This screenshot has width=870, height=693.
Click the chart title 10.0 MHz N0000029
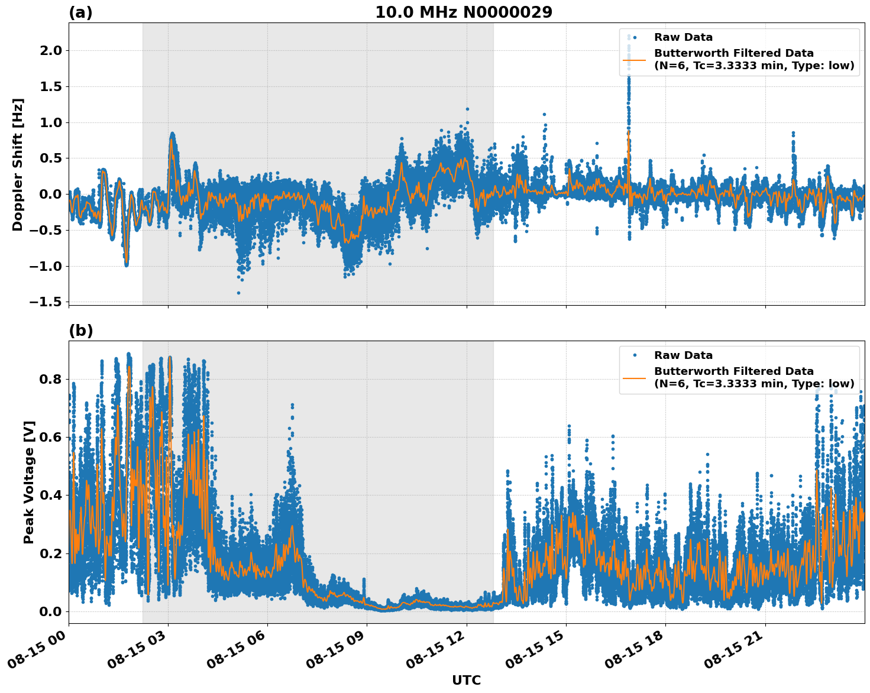coord(464,12)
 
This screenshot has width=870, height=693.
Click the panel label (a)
coord(80,12)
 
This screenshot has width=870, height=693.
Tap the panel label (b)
coord(80,331)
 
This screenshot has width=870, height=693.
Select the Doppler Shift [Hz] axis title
coord(18,164)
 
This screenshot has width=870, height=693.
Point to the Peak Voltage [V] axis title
coord(29,482)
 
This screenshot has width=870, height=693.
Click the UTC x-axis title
coord(466,680)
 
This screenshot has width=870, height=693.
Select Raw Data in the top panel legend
coord(683,37)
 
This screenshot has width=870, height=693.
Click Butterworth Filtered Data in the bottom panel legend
coord(733,371)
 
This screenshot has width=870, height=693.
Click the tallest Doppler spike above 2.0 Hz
coord(629,37)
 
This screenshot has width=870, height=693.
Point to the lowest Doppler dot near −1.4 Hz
coord(239,293)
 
